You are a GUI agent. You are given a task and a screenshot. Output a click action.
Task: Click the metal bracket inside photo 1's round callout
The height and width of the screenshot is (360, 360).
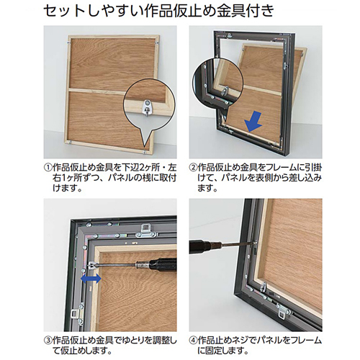click(x=147, y=107)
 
